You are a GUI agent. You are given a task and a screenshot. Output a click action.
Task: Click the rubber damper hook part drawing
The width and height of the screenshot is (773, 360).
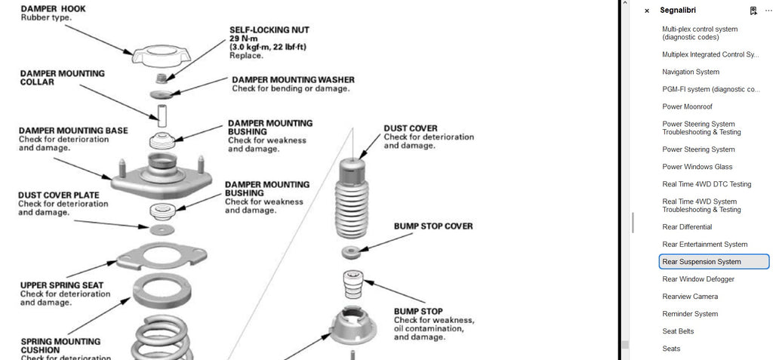click(x=159, y=55)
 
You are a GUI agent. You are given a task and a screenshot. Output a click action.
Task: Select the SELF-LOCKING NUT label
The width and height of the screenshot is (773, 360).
click(x=269, y=30)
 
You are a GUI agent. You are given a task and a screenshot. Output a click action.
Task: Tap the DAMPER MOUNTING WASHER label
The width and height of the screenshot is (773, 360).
click(x=293, y=79)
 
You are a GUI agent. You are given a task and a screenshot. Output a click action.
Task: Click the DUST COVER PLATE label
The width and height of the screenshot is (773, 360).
click(x=58, y=195)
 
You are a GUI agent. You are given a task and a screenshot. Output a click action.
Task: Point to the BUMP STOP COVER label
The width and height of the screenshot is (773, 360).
click(x=433, y=226)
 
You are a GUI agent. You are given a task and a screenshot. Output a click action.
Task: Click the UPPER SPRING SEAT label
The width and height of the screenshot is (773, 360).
click(x=62, y=285)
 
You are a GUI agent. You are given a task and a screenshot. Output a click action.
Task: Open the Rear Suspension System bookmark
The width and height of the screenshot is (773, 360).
click(x=702, y=262)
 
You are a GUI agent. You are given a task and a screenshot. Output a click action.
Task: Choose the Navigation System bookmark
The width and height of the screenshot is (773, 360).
click(x=691, y=72)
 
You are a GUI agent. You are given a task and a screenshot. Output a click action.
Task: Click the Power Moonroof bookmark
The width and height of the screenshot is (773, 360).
click(x=687, y=107)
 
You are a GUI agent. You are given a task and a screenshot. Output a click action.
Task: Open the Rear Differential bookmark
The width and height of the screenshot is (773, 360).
click(x=687, y=227)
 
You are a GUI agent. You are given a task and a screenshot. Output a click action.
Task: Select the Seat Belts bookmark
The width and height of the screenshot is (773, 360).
click(x=678, y=331)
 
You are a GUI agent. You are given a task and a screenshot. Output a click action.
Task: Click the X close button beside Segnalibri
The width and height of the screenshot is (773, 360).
click(x=646, y=11)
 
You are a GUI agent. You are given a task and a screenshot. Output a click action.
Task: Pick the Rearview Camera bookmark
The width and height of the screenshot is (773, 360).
click(x=690, y=297)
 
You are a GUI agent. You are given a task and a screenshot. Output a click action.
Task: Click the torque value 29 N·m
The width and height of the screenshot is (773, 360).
click(x=245, y=38)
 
